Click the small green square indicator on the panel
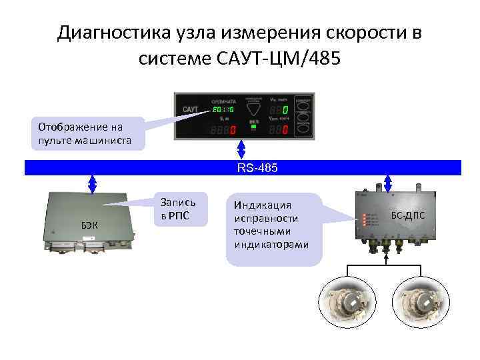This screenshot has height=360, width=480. (253, 127)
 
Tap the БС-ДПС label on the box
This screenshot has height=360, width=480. (408, 215)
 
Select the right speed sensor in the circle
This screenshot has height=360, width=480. (420, 299)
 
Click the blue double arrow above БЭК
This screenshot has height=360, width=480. (93, 184)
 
